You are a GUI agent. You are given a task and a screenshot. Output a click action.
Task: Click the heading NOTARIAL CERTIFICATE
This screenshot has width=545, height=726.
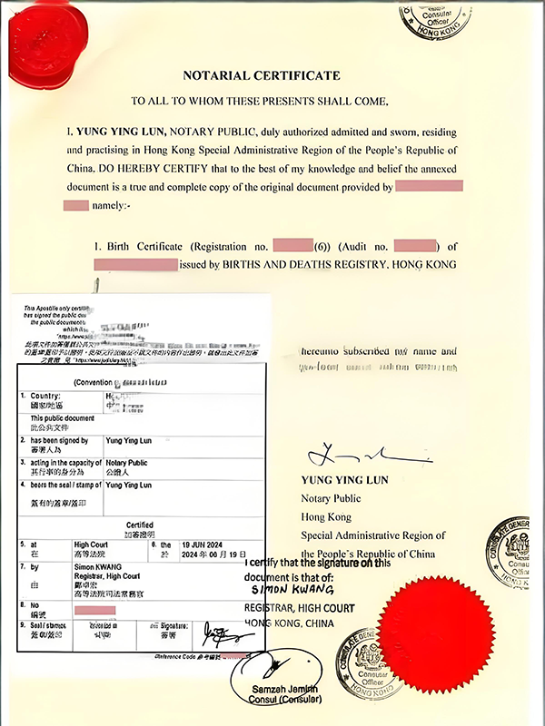261,75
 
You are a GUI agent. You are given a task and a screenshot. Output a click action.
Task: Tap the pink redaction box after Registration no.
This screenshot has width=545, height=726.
292,246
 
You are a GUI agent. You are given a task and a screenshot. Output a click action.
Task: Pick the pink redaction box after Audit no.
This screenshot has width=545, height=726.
416,246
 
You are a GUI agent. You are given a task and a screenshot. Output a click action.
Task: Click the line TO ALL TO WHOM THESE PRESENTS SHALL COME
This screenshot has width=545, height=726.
260,101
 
